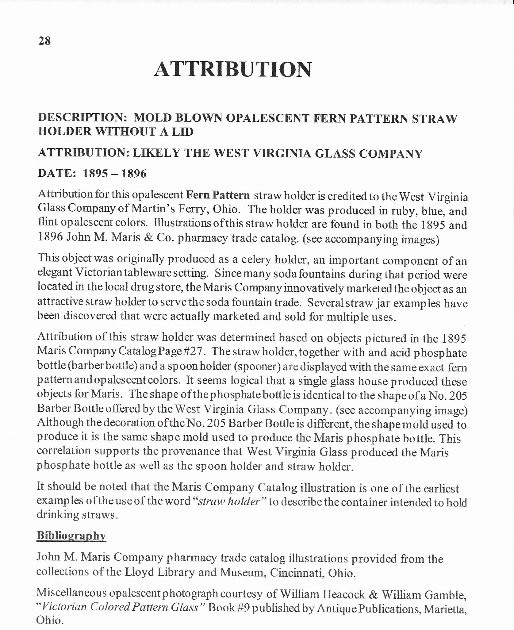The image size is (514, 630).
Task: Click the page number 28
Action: (44, 40)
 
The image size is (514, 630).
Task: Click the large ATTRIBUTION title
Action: (232, 69)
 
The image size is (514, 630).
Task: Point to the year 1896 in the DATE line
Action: (134, 174)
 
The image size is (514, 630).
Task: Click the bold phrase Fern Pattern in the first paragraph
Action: (218, 195)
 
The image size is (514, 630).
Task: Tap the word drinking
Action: (57, 515)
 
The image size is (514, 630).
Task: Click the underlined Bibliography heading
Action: (71, 536)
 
